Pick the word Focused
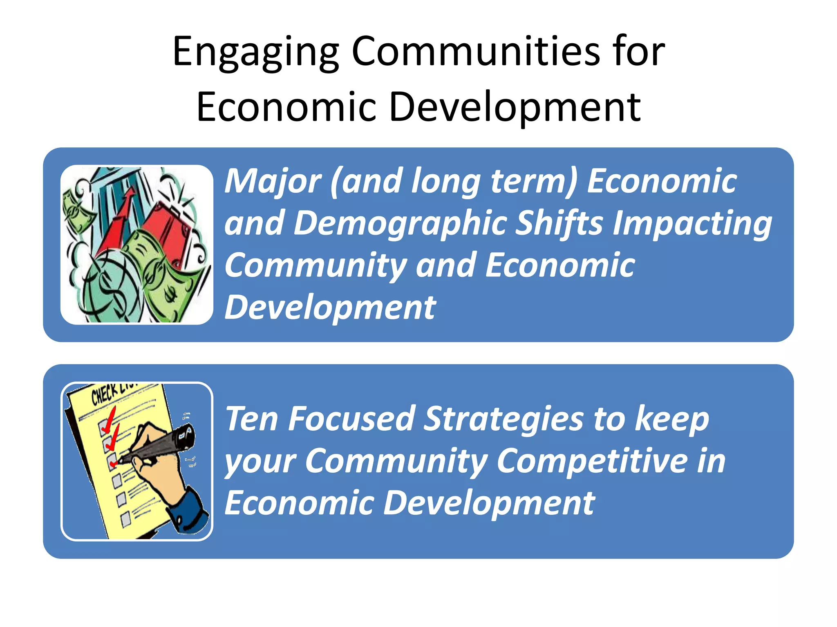coord(352,419)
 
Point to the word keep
coord(672,420)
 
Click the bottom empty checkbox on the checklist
coord(126,519)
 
